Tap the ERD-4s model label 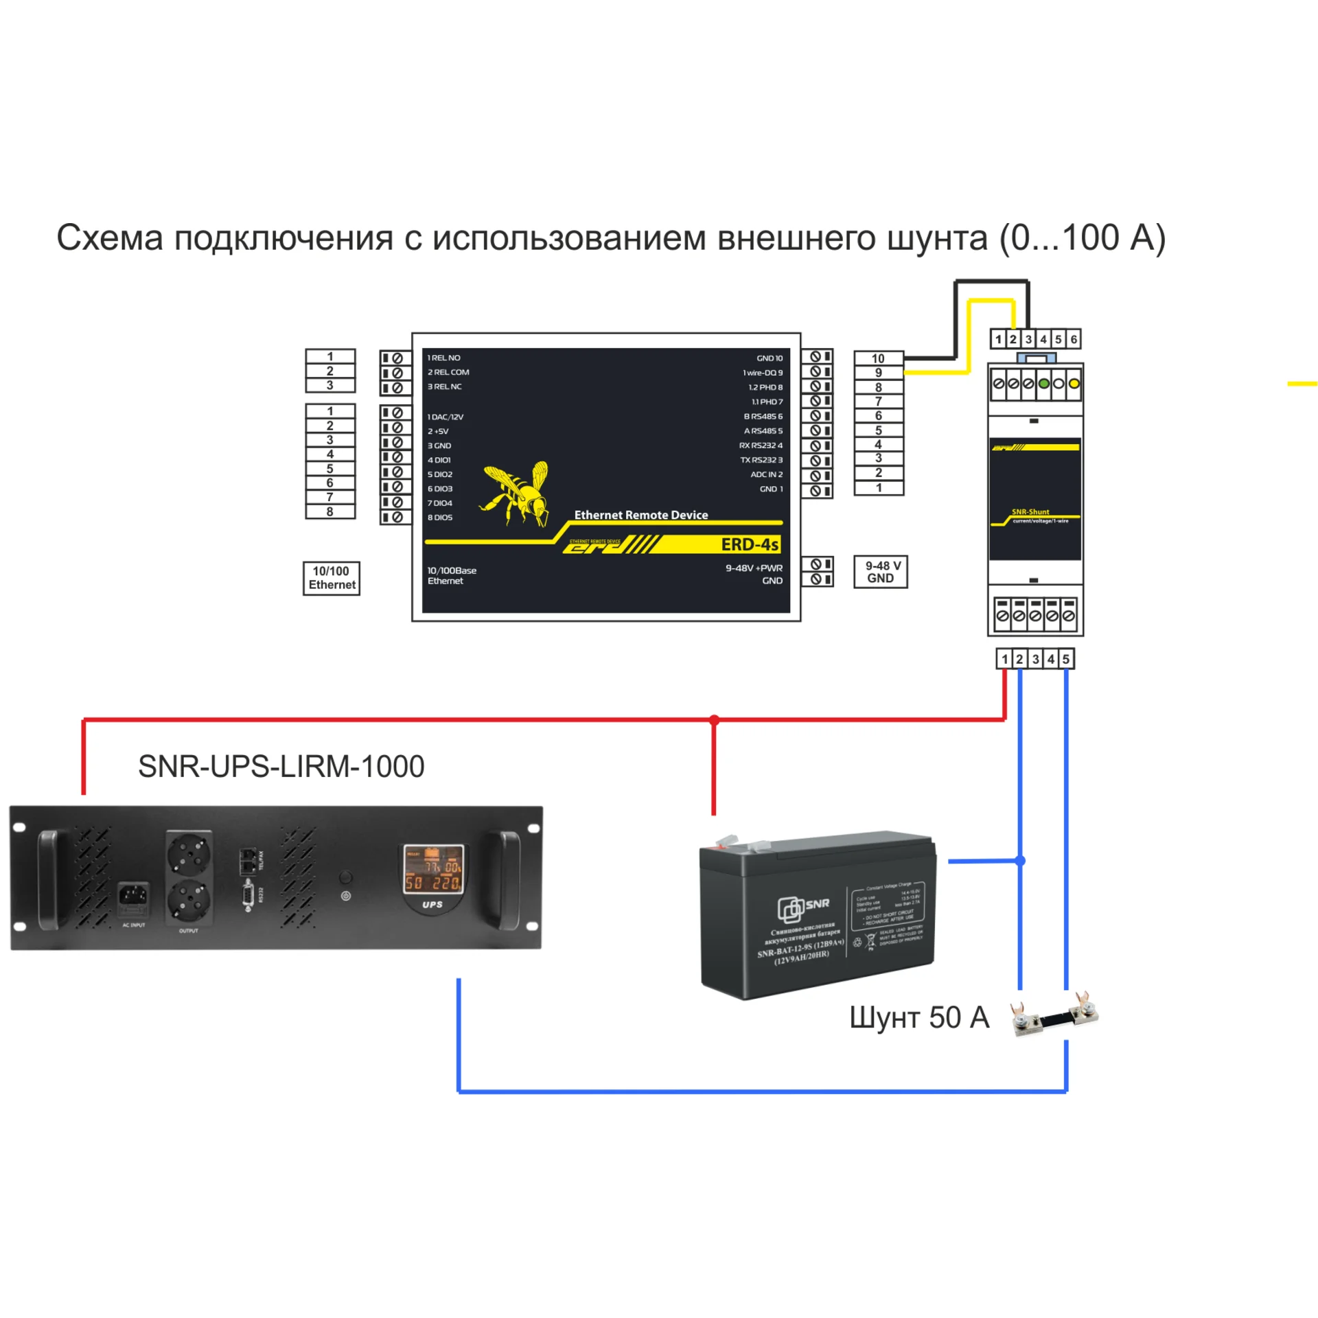tap(749, 544)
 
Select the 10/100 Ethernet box tap(332, 578)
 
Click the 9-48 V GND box tap(881, 572)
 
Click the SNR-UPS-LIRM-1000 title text tap(281, 766)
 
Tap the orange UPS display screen tap(432, 869)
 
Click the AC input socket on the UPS tap(133, 895)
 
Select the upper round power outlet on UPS tap(189, 853)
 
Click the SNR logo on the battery tap(803, 907)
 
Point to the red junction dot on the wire tap(714, 720)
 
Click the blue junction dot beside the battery tap(1020, 860)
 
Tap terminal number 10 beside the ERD tap(878, 358)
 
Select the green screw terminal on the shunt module tap(1043, 384)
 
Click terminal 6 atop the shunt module tap(1074, 339)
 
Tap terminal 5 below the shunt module tap(1065, 659)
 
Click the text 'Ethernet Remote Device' tap(640, 515)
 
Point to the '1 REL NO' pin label tap(444, 358)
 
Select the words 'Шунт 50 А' tap(919, 1017)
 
